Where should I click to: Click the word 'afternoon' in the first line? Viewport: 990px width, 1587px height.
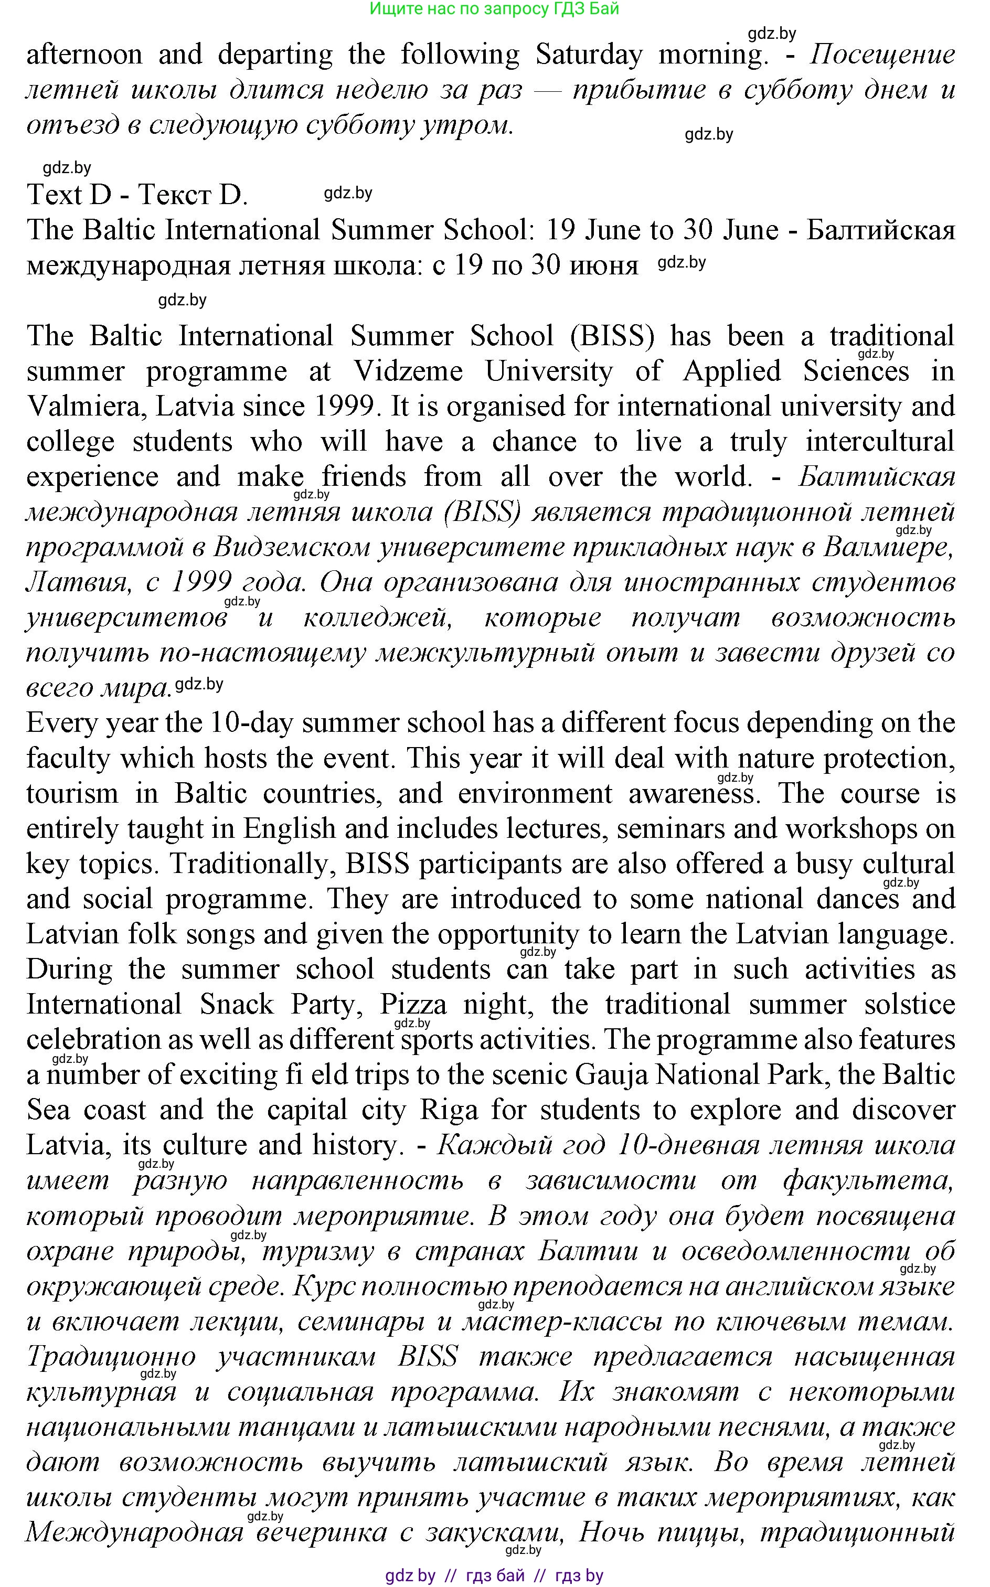coord(84,55)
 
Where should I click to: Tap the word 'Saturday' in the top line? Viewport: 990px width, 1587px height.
coord(589,55)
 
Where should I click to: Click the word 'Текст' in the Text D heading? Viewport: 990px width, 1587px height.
coord(174,195)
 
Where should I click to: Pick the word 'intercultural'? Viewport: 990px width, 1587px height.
coord(879,442)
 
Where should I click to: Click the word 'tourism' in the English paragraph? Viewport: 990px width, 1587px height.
coord(72,793)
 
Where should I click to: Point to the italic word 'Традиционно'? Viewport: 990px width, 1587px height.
coord(111,1355)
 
